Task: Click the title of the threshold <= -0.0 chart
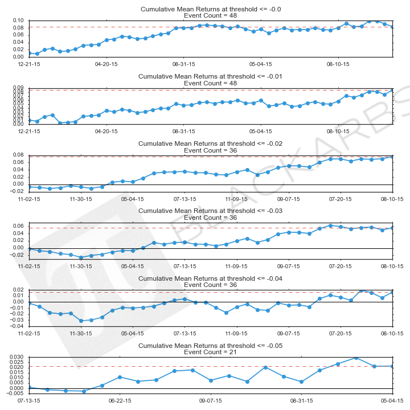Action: (x=211, y=9)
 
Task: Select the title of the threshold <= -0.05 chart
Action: (x=211, y=346)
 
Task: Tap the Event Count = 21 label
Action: (x=211, y=352)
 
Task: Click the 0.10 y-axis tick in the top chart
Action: (x=17, y=20)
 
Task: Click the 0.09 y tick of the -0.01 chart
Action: (x=17, y=88)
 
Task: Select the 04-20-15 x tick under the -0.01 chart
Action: (x=106, y=131)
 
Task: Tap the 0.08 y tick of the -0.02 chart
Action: (x=17, y=155)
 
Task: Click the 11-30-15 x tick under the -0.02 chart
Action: (x=81, y=199)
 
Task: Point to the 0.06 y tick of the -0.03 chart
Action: (x=17, y=226)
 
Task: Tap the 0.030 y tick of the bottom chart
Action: (x=15, y=357)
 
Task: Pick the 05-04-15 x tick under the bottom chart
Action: (x=392, y=400)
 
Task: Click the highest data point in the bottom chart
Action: (x=356, y=358)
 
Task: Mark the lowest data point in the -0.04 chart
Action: (x=81, y=321)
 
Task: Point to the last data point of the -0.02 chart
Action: (x=392, y=157)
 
